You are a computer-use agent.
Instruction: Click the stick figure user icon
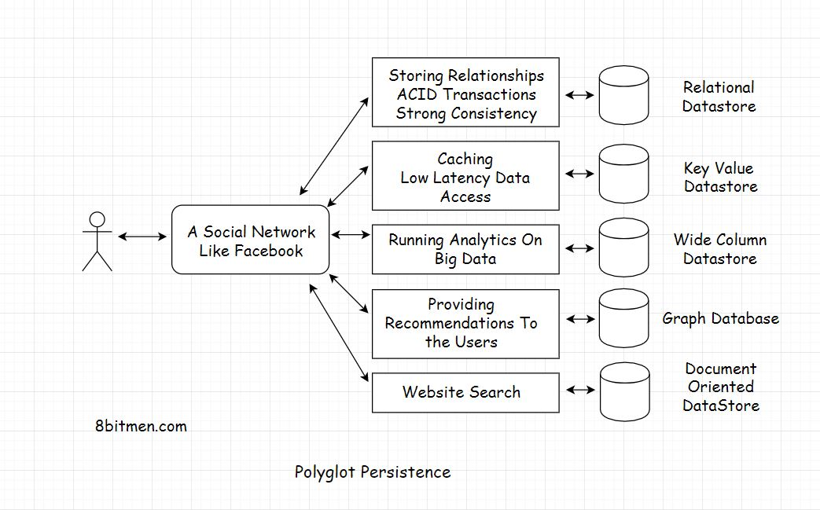click(97, 241)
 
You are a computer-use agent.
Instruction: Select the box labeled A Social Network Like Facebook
click(250, 240)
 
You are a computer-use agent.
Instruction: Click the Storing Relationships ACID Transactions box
click(465, 93)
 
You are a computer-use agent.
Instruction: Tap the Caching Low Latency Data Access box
click(465, 176)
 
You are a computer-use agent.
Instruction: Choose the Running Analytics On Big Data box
click(465, 249)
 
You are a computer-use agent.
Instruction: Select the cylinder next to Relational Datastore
click(623, 94)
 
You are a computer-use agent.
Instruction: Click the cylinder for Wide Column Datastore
click(623, 248)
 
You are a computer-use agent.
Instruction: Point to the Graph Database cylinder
click(623, 319)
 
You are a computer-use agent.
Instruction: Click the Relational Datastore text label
click(719, 97)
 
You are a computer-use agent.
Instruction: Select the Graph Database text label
click(720, 318)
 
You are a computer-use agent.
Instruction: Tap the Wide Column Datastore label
click(719, 249)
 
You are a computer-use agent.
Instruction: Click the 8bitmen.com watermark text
click(141, 427)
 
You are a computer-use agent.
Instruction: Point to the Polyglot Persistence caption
click(373, 472)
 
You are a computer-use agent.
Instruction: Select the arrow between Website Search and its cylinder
click(580, 391)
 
